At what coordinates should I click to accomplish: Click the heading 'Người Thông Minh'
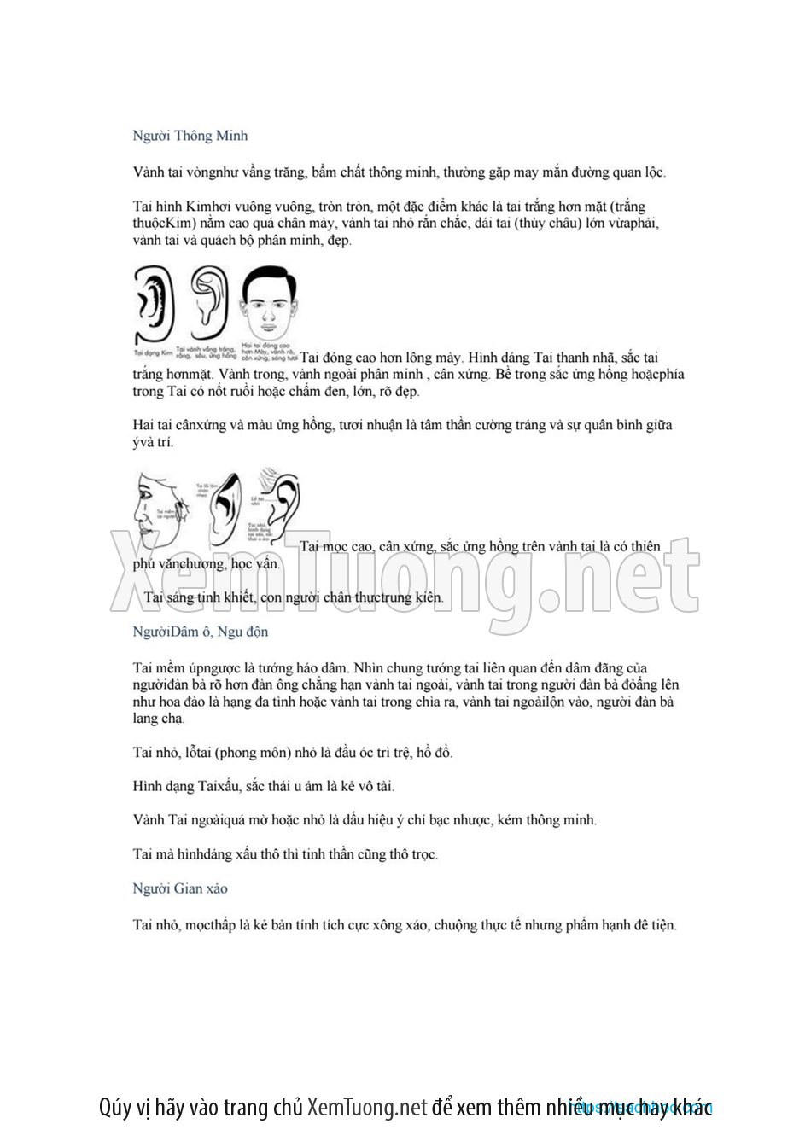190,136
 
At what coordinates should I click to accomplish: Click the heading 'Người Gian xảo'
180,888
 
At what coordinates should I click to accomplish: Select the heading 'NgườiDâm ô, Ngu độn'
201,632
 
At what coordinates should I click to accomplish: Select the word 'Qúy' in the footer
115,1109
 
